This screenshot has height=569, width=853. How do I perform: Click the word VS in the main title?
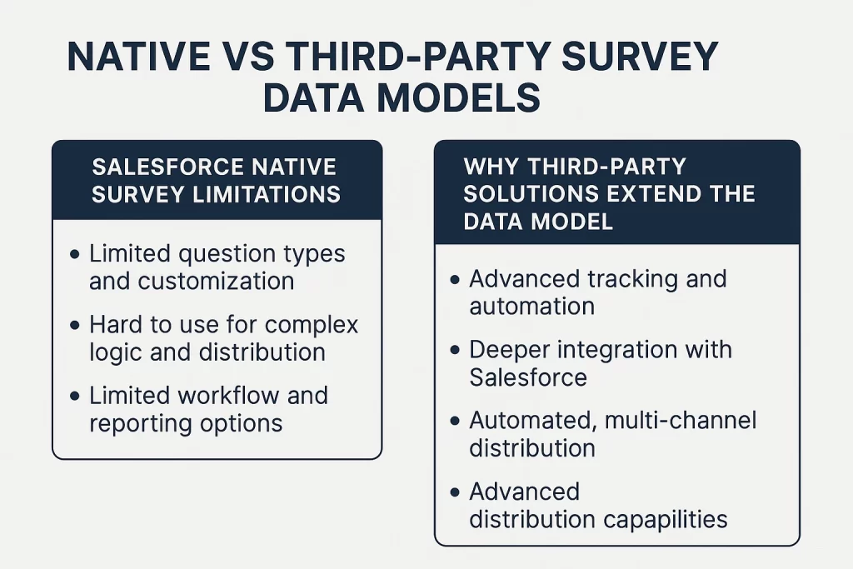pos(247,56)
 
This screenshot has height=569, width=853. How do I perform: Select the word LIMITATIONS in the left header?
pos(267,194)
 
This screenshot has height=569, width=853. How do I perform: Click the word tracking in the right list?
pos(633,280)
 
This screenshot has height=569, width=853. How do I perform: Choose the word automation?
pos(532,307)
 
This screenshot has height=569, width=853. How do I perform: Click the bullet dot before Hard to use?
pos(75,325)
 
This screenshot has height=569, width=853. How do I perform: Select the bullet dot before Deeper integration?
pos(456,351)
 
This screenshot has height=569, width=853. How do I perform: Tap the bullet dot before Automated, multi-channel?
pos(456,421)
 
